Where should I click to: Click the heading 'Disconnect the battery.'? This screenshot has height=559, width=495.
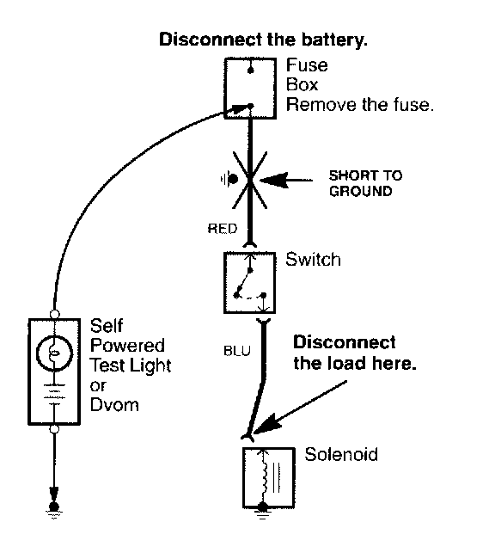point(263,40)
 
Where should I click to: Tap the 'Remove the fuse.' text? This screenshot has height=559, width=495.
point(360,105)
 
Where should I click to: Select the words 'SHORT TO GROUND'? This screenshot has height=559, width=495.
point(365,183)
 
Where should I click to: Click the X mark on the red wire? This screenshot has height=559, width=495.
point(250,180)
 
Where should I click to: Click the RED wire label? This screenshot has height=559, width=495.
point(223,229)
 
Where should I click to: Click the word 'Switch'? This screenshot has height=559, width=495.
point(314,260)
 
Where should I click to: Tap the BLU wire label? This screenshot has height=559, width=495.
point(237,351)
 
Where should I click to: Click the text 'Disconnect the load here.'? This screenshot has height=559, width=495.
point(355,353)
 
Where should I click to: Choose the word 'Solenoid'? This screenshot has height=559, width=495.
point(341,455)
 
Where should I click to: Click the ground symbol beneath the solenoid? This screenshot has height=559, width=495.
point(263,512)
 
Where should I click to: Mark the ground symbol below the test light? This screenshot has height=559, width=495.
point(54,510)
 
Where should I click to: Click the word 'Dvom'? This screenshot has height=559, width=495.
point(114,405)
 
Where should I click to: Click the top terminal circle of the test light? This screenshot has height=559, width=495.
point(54,315)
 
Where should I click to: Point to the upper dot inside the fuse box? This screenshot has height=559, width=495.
point(251,71)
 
